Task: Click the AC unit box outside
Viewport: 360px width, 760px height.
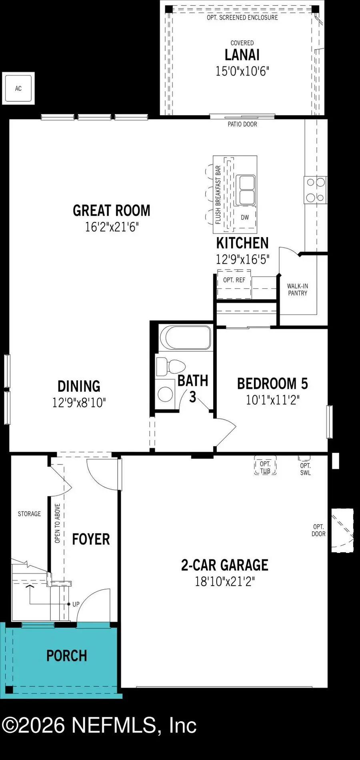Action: [x=18, y=88]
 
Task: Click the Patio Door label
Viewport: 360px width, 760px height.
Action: [x=242, y=124]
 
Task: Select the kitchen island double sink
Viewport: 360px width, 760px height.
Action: [x=245, y=190]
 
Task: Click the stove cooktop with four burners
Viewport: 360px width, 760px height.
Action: [x=316, y=190]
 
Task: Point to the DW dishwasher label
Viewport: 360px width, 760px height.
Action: [x=245, y=217]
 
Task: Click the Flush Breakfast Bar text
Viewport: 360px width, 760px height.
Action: [x=218, y=195]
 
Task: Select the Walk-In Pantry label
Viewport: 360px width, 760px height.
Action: [x=298, y=289]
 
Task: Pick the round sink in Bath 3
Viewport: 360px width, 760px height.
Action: [x=165, y=394]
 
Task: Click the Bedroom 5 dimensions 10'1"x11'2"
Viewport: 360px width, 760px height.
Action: [x=272, y=400]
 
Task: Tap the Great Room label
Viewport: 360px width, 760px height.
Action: [x=112, y=211]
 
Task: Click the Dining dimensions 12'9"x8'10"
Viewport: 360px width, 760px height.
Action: [x=79, y=403]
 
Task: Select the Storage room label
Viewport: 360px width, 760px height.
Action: [x=29, y=514]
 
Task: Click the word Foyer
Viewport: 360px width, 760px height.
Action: [x=91, y=539]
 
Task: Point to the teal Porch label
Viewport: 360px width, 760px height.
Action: [x=66, y=656]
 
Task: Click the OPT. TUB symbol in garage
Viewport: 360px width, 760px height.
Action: [x=265, y=467]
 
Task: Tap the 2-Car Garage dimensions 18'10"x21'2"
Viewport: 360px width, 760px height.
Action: [x=224, y=581]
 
